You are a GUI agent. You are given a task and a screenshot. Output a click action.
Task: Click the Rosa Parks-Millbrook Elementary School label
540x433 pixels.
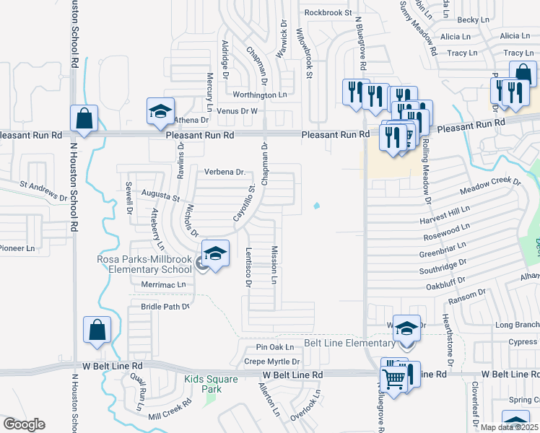tap(144, 264)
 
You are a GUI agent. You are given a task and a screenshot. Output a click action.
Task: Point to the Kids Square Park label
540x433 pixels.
tap(201, 384)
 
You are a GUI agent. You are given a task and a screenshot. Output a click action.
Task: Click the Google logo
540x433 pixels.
tap(24, 424)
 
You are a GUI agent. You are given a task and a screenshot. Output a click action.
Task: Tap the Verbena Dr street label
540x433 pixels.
tap(225, 172)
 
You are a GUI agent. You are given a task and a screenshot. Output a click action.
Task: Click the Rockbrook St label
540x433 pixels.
tap(328, 12)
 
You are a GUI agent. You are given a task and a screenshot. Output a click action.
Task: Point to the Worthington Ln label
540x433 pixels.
tap(259, 95)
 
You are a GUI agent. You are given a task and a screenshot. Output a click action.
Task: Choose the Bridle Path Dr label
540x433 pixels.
tap(165, 307)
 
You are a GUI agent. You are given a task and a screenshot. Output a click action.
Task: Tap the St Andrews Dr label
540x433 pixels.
tap(43, 191)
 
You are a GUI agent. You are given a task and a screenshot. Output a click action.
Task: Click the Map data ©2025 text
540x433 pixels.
tap(508, 427)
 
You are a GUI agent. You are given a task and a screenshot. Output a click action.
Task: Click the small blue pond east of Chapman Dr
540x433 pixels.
tap(317, 208)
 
